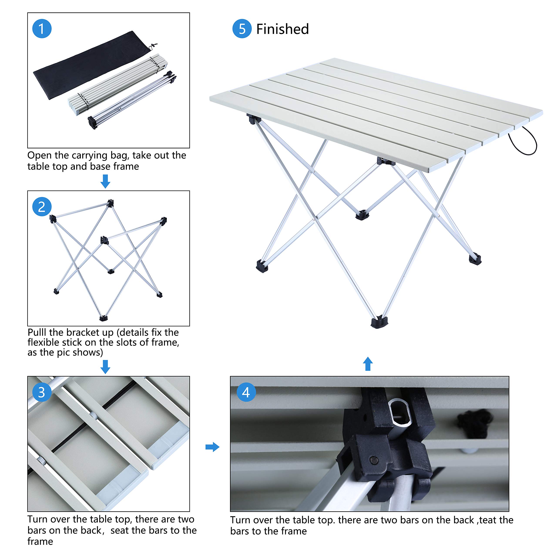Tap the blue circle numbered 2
click(42, 207)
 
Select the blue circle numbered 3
click(42, 392)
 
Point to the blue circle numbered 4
click(246, 392)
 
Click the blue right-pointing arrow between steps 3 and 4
click(213, 447)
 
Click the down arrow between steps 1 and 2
click(105, 181)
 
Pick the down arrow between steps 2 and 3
click(105, 366)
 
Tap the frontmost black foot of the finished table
click(379, 322)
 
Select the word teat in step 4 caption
click(488, 520)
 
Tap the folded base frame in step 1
click(133, 99)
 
